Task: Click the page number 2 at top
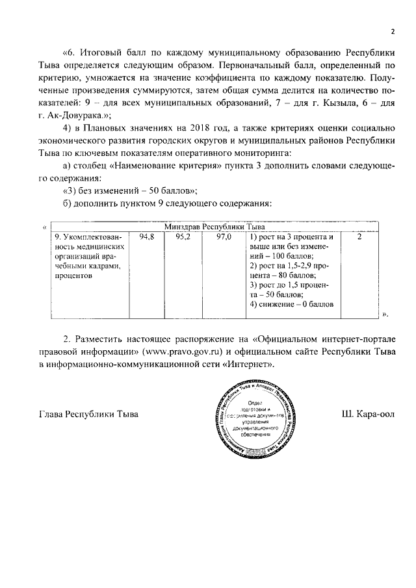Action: click(x=393, y=30)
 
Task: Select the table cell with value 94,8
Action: click(x=147, y=238)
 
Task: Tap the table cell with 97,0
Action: click(x=224, y=238)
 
